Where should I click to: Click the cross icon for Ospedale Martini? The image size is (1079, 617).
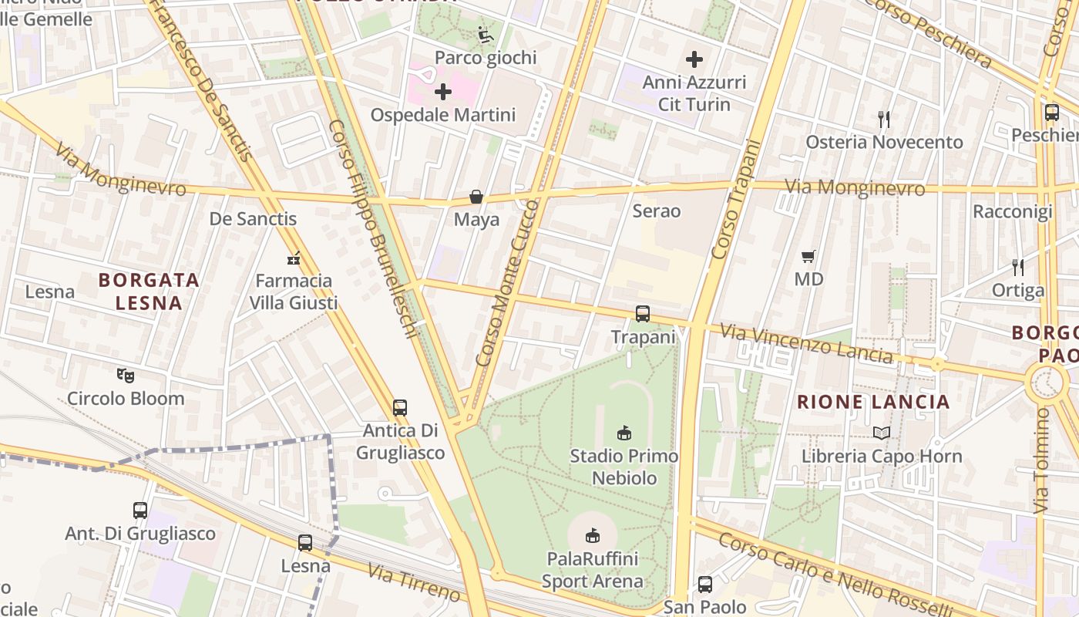point(443,93)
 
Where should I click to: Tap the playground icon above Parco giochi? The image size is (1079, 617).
point(485,35)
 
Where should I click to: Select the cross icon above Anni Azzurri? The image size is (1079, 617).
point(694,59)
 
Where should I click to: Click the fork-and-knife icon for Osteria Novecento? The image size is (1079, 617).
point(884,120)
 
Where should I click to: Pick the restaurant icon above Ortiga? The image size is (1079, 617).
point(1018,268)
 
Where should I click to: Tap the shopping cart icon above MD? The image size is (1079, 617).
point(808,256)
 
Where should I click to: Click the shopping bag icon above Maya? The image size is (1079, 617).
point(476,197)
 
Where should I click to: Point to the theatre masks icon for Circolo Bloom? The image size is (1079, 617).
point(126,376)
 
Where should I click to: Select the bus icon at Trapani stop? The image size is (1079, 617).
point(643,314)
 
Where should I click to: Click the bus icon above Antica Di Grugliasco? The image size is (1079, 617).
point(400,408)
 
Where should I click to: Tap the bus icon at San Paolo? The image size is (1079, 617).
point(705,585)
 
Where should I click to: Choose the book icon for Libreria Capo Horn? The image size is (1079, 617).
point(882,433)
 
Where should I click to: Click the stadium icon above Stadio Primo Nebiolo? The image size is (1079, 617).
point(624,433)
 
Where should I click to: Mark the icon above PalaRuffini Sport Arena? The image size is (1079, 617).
point(592,535)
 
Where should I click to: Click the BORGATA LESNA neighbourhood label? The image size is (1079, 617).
point(149,292)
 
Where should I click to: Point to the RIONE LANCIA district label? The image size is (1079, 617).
point(873,402)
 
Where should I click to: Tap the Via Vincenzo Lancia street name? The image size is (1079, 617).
point(806,344)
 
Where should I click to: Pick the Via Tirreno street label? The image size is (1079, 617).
point(414,582)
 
